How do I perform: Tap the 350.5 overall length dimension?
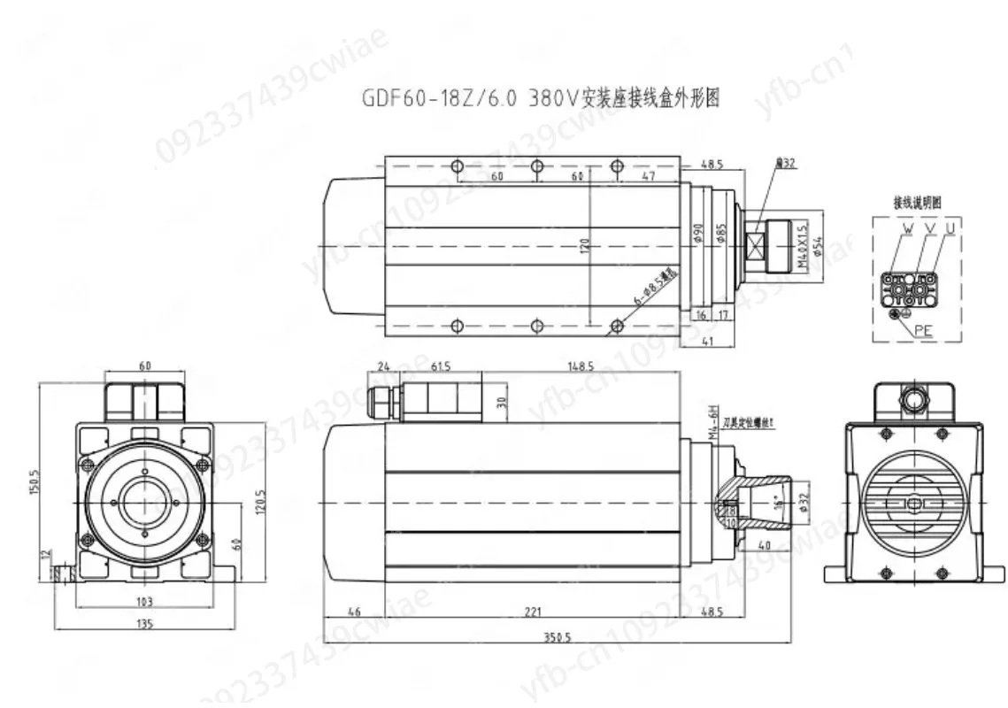(557, 636)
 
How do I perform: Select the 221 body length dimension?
(532, 612)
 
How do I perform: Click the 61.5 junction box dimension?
(440, 366)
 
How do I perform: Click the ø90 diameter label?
(698, 233)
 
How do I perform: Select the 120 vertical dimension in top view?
(584, 244)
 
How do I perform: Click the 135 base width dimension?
(145, 624)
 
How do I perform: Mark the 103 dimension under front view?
(145, 602)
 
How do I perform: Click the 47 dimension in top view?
(647, 177)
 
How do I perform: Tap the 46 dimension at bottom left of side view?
(354, 612)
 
